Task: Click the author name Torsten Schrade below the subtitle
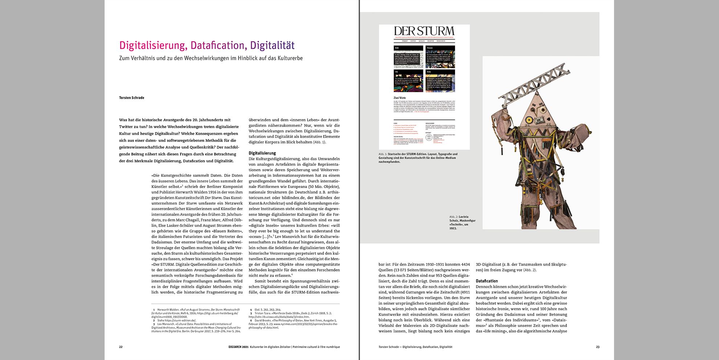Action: (131, 98)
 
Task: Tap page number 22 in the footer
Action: (121, 347)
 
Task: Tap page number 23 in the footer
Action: (598, 347)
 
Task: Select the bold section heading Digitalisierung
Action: (262, 153)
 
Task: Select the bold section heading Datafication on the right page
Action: (487, 281)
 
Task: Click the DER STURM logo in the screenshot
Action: (424, 31)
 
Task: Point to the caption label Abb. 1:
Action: (383, 154)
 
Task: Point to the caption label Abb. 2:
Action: (453, 217)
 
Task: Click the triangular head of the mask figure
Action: (537, 120)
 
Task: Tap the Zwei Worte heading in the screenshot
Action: (399, 98)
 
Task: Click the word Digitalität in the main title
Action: (272, 45)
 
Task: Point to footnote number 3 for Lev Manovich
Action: (154, 324)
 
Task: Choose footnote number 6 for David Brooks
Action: (251, 320)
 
